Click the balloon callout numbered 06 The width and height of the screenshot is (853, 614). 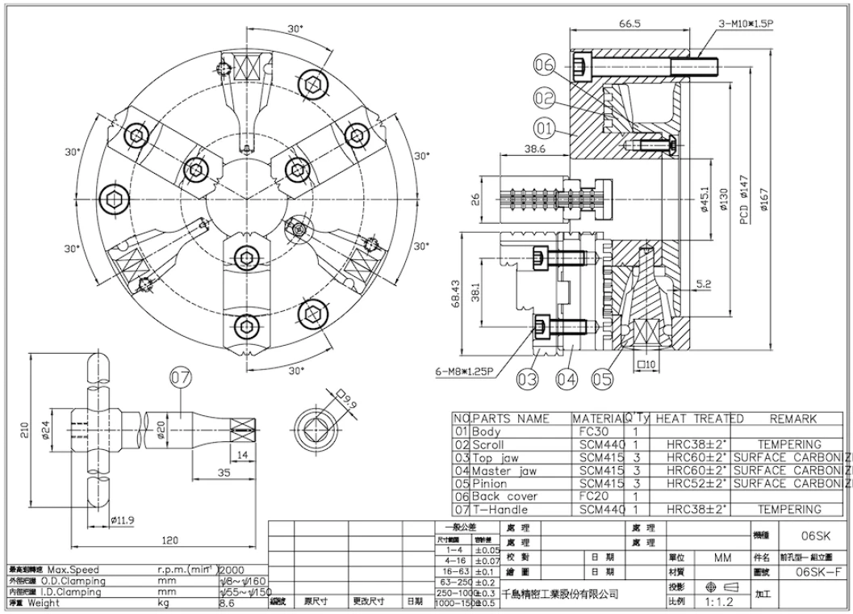click(x=545, y=66)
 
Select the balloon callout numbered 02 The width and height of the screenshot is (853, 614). click(x=545, y=98)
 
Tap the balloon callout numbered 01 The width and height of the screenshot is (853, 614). click(x=545, y=128)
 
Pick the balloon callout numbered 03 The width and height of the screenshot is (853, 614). click(x=528, y=377)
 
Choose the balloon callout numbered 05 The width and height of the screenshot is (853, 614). click(x=602, y=377)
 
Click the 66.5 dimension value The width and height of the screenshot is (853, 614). click(x=629, y=24)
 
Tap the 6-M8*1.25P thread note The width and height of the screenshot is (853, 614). click(x=466, y=372)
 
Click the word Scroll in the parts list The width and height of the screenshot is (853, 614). click(x=491, y=444)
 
